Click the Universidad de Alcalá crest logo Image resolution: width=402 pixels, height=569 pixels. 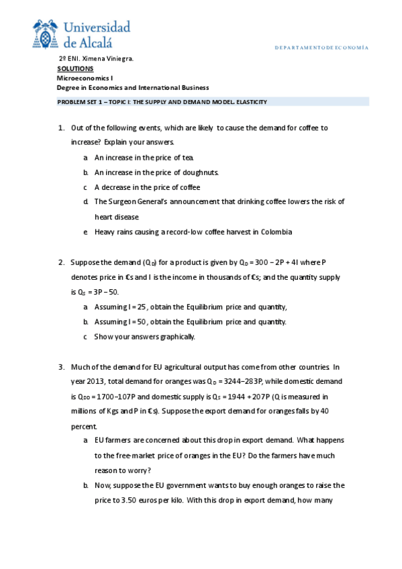pyautogui.click(x=46, y=34)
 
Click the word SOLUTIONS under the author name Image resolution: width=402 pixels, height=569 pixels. pyautogui.click(x=75, y=68)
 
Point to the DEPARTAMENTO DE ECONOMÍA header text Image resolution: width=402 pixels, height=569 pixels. pyautogui.click(x=322, y=48)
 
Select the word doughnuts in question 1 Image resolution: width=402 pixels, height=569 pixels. pyautogui.click(x=201, y=172)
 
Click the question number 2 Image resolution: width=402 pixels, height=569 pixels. pyautogui.click(x=60, y=262)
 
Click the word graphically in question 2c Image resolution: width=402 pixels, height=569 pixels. pyautogui.click(x=177, y=336)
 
